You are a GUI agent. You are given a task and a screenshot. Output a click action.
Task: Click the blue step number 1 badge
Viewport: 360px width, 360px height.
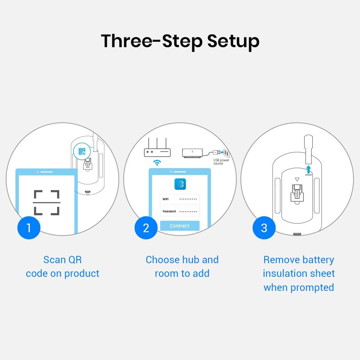[x=29, y=228]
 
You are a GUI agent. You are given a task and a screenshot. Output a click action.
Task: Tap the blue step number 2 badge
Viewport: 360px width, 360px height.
[x=146, y=228]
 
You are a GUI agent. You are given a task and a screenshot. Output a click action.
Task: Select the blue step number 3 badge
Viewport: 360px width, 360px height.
[x=264, y=228]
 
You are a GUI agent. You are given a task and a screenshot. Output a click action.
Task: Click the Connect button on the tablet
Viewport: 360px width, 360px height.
[x=180, y=226]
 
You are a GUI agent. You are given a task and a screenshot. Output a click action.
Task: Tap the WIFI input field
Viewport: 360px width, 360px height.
[x=180, y=199]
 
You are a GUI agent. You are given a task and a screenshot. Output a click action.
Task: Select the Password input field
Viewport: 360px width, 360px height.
[x=180, y=211]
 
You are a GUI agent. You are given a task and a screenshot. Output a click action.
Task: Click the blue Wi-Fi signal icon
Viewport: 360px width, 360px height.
[x=157, y=163]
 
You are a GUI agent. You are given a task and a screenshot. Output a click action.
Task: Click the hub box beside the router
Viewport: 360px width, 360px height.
[x=192, y=153]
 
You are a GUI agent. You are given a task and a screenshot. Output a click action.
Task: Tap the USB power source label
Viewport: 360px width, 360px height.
[x=221, y=162]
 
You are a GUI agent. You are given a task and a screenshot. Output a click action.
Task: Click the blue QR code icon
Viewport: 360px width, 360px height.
[x=82, y=151]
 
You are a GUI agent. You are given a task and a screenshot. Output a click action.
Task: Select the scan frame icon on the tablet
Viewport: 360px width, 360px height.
[x=46, y=202]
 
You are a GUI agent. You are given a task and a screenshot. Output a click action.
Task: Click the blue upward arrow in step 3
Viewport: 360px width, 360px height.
[x=309, y=170]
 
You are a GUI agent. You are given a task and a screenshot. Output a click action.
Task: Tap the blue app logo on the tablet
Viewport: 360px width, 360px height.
[x=180, y=184]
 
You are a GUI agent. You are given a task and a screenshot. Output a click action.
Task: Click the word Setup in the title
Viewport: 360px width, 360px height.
[x=233, y=41]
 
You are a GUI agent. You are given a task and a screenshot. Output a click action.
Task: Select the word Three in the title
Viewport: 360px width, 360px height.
[x=126, y=41]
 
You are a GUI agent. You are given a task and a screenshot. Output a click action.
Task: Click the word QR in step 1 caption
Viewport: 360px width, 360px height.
[x=75, y=260]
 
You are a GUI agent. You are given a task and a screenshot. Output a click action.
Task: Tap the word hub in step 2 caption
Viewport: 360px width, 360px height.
[x=187, y=260]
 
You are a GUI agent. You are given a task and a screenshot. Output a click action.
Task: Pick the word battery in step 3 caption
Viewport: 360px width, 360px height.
[x=318, y=260]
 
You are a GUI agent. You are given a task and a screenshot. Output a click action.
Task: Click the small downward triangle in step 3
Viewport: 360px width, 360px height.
[x=297, y=179]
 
